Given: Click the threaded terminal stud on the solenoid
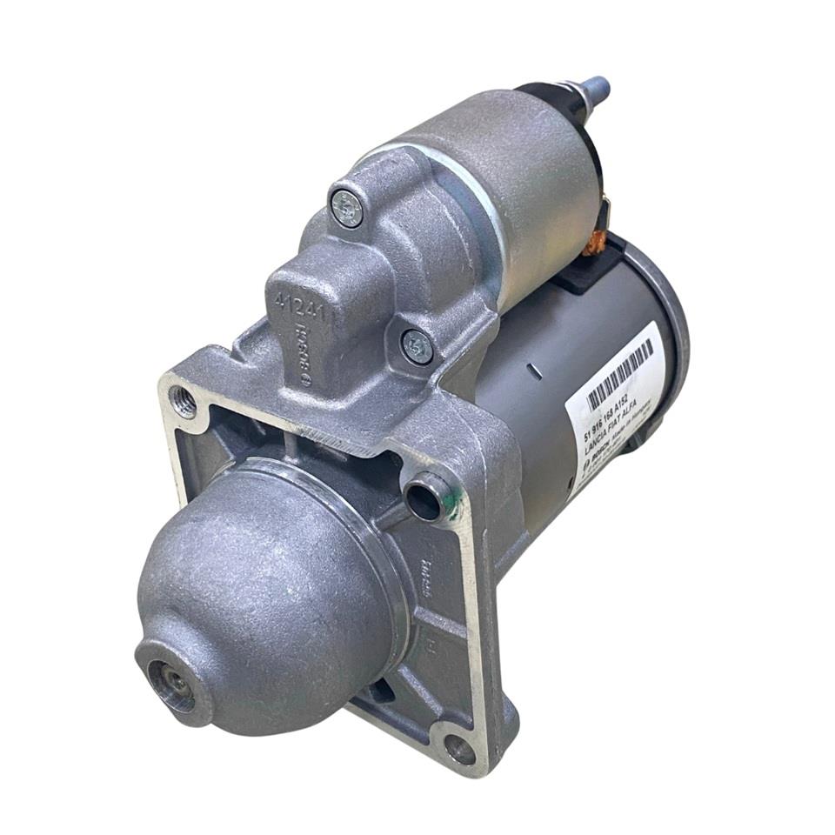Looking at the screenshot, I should (x=595, y=89).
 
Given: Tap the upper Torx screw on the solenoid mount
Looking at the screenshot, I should (x=346, y=208).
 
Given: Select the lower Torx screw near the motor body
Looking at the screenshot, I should (x=417, y=346).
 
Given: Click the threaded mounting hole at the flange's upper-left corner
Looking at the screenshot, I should (x=184, y=402).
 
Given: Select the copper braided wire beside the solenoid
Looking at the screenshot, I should (x=596, y=244).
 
